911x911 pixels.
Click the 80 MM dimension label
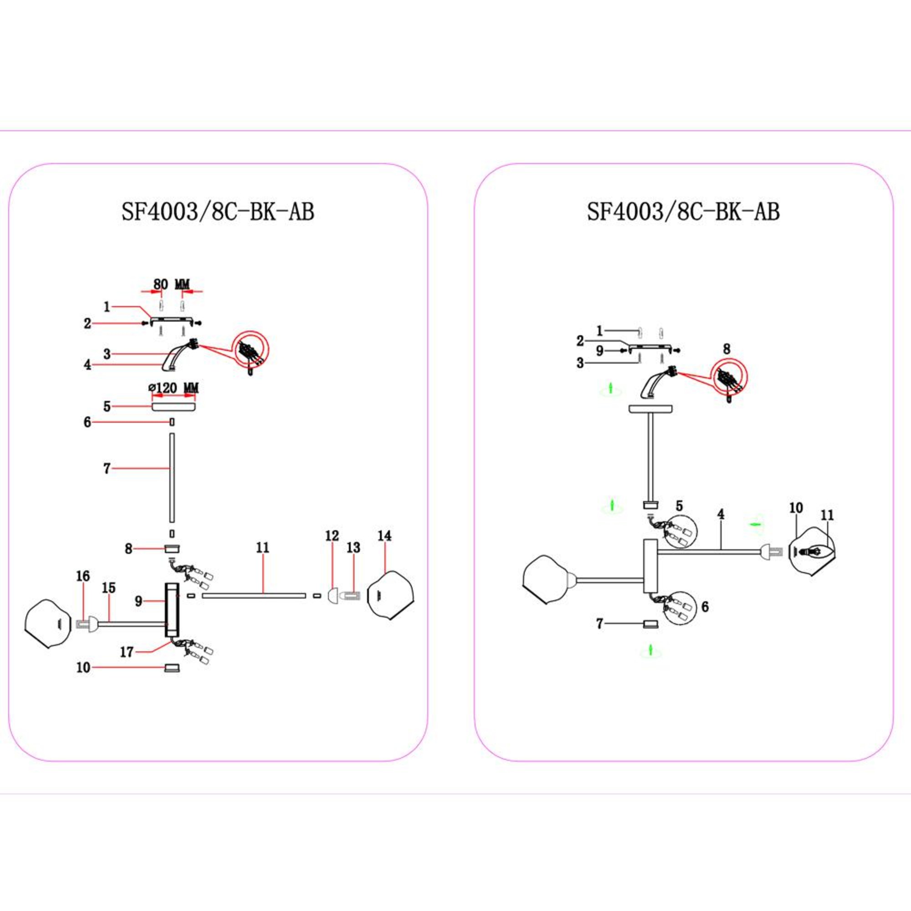click(171, 284)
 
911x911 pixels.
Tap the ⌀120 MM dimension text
click(173, 388)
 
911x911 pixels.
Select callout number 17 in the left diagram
click(127, 652)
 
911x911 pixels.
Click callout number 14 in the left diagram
click(385, 536)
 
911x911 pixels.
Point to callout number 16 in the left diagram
click(83, 576)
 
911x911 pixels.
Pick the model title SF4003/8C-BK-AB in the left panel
click(218, 212)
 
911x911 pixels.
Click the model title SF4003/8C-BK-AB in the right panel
click(683, 212)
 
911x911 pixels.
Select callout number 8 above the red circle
click(727, 349)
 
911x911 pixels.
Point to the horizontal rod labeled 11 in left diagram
click(254, 596)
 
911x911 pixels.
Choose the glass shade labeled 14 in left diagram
click(391, 595)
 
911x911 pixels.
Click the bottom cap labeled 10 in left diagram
click(172, 668)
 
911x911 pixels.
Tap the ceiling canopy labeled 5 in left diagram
click(173, 406)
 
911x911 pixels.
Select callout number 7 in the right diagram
click(599, 624)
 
